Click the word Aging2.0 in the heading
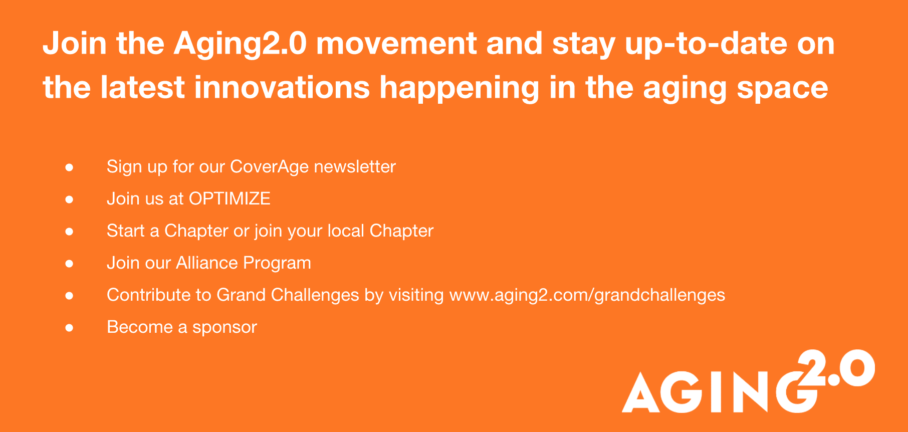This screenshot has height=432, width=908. click(240, 44)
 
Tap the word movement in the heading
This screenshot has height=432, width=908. click(396, 44)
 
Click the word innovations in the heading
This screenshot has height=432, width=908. click(282, 87)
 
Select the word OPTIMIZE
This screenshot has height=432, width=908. click(230, 198)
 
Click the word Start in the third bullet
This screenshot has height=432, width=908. click(126, 231)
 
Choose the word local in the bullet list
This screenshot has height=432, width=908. click(346, 231)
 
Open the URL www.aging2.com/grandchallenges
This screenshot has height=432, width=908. click(587, 295)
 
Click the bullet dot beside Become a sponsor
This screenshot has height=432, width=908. click(69, 328)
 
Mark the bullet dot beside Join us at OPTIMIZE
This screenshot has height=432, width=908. click(69, 199)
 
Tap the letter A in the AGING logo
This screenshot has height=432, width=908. click(641, 392)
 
